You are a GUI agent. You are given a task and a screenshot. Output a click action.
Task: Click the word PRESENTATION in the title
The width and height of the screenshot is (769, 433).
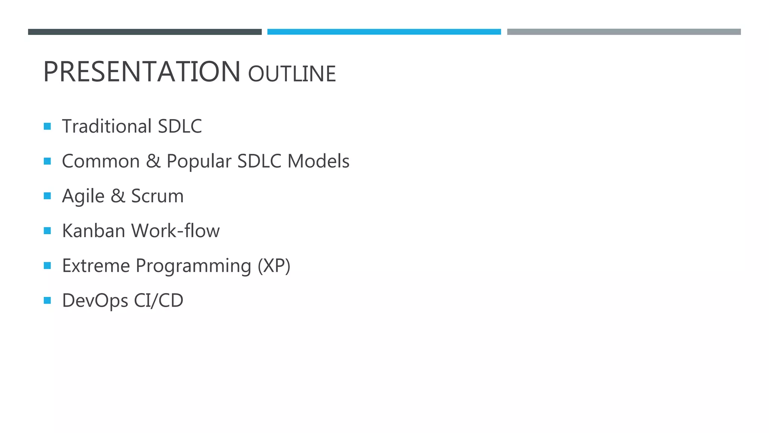[142, 72]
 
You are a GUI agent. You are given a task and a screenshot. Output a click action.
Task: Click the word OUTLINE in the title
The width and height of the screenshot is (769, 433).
[292, 74]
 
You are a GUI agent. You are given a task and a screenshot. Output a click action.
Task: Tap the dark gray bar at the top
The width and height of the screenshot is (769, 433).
[145, 32]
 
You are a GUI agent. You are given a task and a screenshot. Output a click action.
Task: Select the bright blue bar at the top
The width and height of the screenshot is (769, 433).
[384, 32]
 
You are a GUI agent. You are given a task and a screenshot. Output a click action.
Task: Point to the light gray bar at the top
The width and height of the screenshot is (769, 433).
[624, 32]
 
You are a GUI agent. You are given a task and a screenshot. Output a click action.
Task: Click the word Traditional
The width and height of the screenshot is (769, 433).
[107, 126]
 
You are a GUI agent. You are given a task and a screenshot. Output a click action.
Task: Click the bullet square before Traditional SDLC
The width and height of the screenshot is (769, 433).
[47, 126]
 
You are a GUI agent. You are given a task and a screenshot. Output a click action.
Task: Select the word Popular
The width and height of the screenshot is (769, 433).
[199, 162]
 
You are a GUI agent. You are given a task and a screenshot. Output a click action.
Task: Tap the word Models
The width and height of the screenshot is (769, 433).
[318, 161]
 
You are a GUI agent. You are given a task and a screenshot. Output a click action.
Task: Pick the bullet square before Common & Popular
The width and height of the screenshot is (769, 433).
[47, 161]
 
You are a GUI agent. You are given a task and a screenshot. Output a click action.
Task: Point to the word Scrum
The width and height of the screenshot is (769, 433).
[157, 196]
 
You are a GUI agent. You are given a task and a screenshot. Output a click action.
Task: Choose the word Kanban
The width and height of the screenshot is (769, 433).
[94, 231]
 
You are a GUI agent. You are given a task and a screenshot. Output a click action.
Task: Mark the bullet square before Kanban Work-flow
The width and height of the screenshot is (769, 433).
[47, 231]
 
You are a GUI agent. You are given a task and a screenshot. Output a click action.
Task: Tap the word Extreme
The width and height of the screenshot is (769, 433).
[96, 266]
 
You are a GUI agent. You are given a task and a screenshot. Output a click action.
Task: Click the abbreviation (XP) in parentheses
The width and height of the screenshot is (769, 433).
[274, 266]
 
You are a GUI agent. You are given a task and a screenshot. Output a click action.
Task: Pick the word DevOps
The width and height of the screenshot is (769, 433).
[95, 301]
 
